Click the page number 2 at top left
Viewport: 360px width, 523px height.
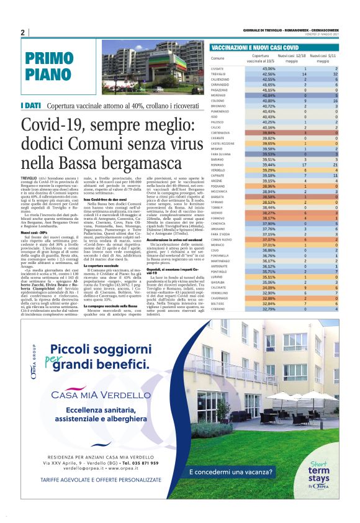(22, 32)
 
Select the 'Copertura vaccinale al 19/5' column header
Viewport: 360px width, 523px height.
(260, 59)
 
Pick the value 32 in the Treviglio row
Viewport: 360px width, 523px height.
(335, 74)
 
